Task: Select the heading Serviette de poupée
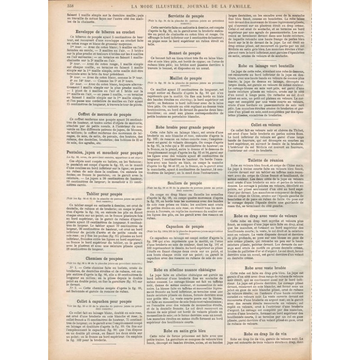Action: point(185,16)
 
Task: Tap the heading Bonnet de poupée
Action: point(185,53)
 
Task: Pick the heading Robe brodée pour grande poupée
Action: point(185,127)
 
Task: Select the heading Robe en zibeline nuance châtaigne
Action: point(185,269)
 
